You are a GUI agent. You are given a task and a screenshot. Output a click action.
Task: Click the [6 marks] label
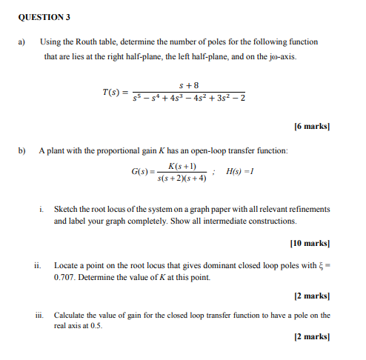[x=311, y=127]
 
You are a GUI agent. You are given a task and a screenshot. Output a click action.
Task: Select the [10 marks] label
[x=310, y=242]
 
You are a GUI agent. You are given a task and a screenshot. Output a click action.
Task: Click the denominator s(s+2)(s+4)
[x=182, y=178]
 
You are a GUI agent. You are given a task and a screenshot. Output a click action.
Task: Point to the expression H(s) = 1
[x=238, y=171]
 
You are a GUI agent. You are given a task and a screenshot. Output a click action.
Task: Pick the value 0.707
[x=66, y=278]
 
